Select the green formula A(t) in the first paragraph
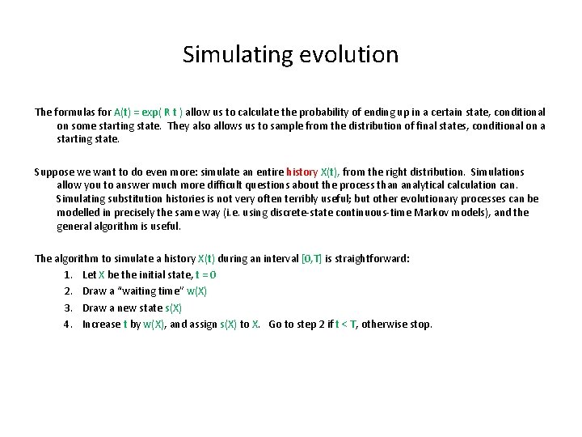pos(124,112)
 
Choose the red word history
pos(302,172)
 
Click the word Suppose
pos(53,172)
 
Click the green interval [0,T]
pos(311,259)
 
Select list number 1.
pos(68,275)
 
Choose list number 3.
pos(68,308)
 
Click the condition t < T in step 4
pos(343,324)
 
